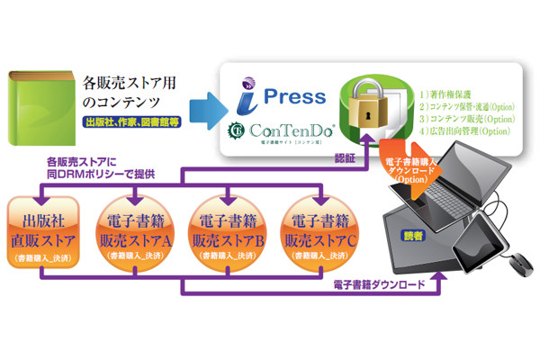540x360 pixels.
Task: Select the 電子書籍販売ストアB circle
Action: point(229,236)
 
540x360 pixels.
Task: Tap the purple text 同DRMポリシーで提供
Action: point(99,172)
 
